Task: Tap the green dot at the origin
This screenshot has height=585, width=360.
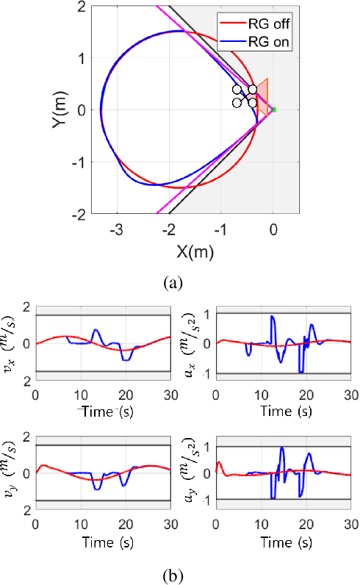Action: pyautogui.click(x=273, y=110)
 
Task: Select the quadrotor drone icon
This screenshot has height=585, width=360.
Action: pyautogui.click(x=245, y=96)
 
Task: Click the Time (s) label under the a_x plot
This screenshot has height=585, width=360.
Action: pyautogui.click(x=284, y=412)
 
